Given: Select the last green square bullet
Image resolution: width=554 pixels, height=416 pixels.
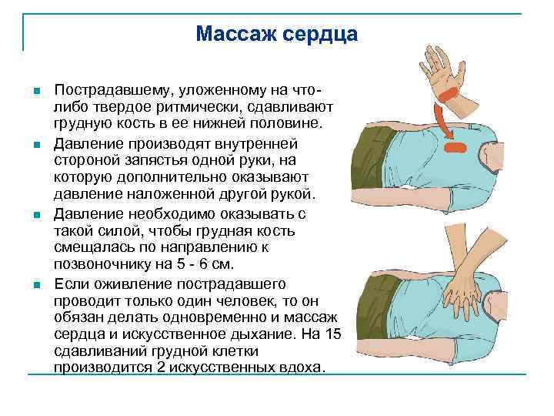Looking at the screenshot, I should coord(36,285).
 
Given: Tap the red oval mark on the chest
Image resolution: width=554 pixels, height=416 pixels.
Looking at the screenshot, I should coord(456,146).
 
